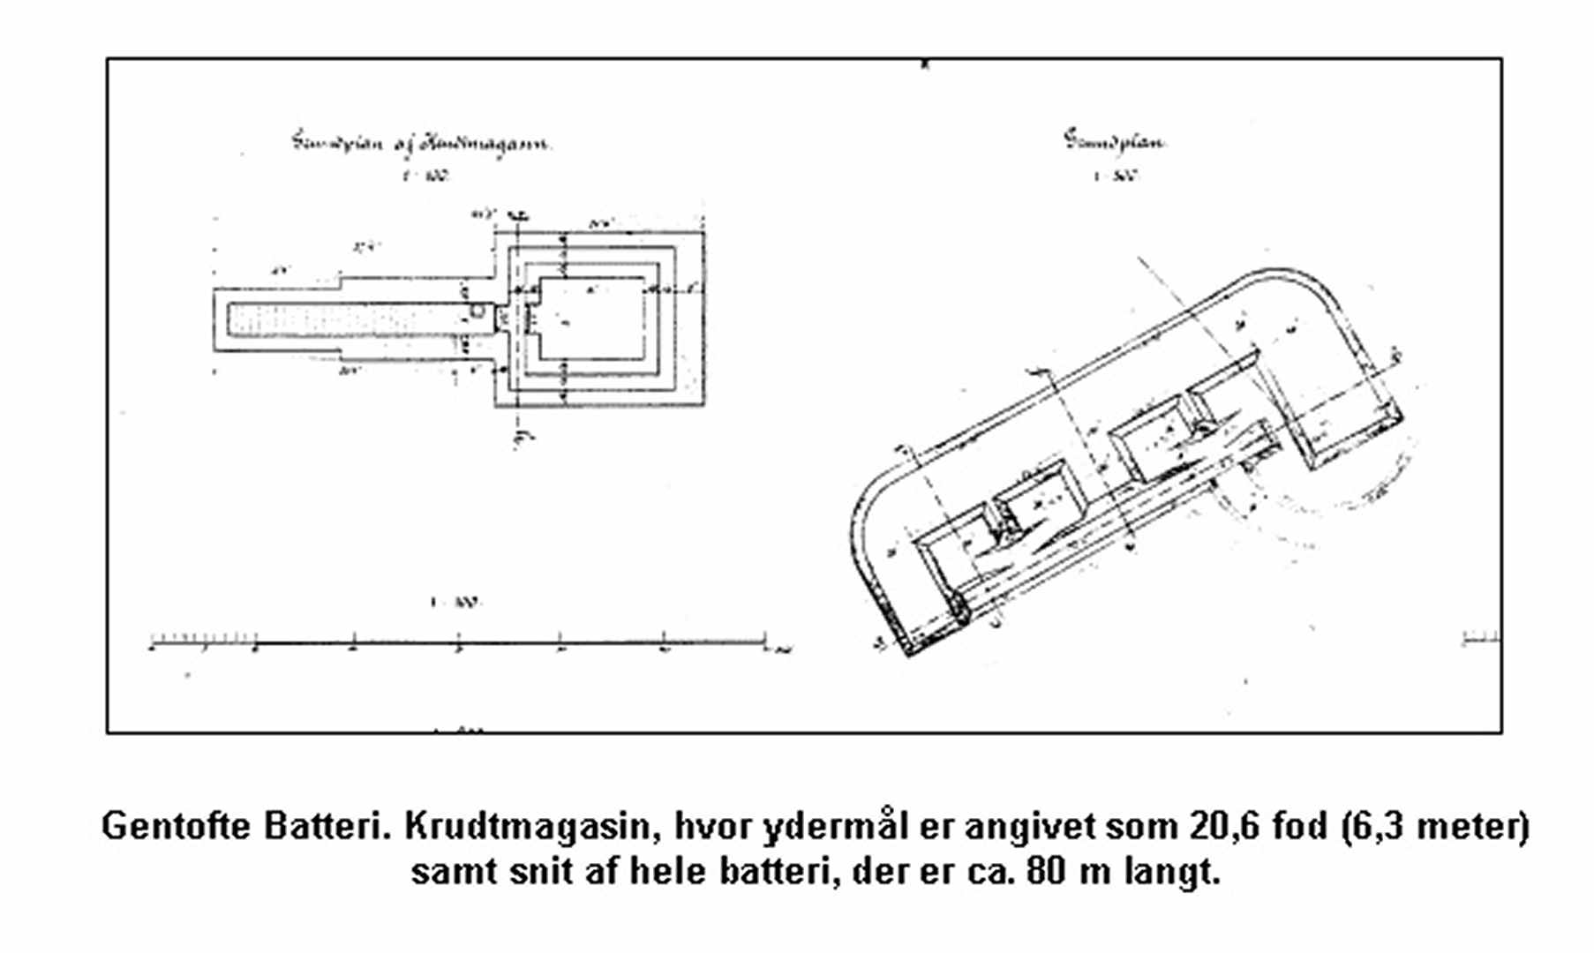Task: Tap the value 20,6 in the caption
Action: (1227, 828)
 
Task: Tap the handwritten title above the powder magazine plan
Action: (422, 143)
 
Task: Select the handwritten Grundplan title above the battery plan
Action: (1114, 142)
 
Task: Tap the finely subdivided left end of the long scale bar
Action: (203, 640)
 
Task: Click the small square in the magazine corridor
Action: (477, 311)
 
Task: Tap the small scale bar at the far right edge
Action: (1480, 639)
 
